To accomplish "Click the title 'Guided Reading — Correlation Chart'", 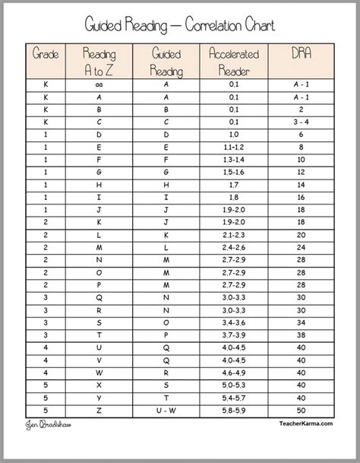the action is tap(180, 26).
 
